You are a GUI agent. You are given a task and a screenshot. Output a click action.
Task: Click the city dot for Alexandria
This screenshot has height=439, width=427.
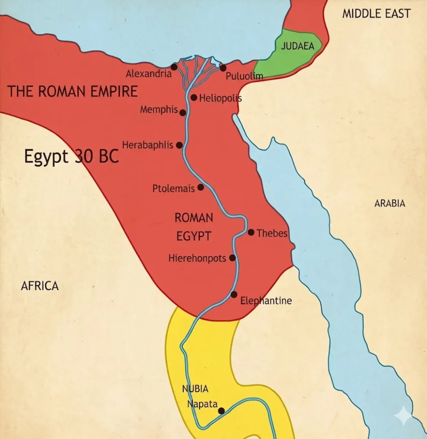(174, 67)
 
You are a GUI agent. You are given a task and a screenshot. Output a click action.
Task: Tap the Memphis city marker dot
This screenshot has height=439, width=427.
(183, 113)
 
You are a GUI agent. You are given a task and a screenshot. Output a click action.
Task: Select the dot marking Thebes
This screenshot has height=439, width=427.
(251, 232)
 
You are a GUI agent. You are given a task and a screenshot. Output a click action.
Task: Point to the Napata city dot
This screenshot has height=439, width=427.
(221, 411)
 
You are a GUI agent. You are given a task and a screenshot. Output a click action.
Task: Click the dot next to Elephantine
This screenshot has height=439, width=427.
(234, 295)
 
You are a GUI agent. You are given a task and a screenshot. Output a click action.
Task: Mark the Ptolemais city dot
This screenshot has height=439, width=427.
(201, 187)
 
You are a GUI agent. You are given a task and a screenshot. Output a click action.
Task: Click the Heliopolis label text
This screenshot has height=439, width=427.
(220, 99)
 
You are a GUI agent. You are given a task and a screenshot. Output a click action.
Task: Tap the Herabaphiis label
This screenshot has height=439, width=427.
(147, 145)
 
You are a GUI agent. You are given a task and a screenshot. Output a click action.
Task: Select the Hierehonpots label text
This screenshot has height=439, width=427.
(197, 258)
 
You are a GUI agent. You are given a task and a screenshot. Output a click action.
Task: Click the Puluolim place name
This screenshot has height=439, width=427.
(244, 76)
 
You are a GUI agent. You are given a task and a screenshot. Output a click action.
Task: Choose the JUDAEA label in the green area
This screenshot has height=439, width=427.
(298, 46)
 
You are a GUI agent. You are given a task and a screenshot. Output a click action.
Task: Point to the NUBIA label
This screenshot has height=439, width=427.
(195, 389)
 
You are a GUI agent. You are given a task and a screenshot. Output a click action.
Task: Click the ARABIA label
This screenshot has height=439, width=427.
(390, 203)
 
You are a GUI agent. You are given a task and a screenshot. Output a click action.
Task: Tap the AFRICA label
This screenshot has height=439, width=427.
(39, 286)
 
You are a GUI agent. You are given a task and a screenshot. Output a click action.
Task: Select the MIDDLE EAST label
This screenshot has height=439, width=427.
(376, 14)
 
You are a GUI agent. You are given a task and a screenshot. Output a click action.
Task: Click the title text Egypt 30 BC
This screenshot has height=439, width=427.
(71, 156)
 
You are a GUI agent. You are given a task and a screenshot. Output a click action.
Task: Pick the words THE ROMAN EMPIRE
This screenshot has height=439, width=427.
(73, 91)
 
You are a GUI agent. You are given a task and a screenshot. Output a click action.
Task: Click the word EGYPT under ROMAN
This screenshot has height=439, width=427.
(194, 236)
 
